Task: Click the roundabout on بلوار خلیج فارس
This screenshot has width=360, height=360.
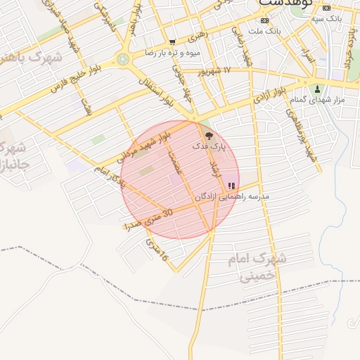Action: point(124,60)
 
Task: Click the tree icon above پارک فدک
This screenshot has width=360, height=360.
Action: point(207,134)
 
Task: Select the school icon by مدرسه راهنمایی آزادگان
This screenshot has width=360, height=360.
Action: point(232,186)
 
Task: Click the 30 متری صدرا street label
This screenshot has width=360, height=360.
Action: point(148,219)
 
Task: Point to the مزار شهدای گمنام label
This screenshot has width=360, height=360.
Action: point(318,101)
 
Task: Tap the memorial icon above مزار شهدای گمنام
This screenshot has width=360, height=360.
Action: point(317,89)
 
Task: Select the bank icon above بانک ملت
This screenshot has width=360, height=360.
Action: point(264,21)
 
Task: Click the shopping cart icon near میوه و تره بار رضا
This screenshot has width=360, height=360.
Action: point(172,43)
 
